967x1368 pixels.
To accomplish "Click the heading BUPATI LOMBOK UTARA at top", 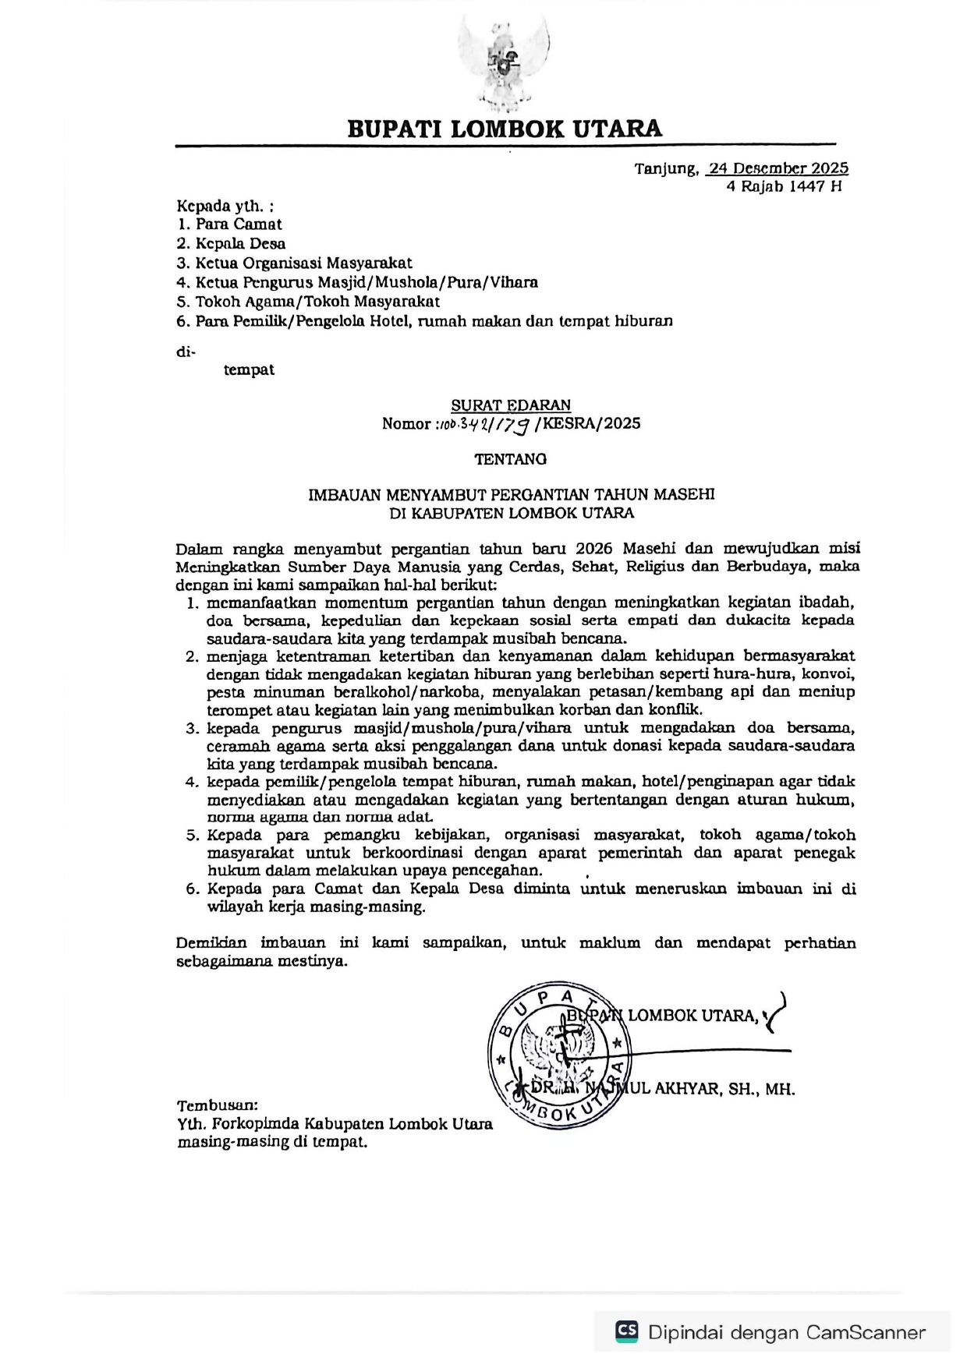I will tap(505, 129).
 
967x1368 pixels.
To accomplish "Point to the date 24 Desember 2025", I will tap(778, 168).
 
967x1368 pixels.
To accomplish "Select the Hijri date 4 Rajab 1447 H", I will tap(784, 186).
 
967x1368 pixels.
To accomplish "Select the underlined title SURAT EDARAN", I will tap(511, 405).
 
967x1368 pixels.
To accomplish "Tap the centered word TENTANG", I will tap(511, 459).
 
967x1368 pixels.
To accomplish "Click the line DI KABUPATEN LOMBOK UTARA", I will tap(512, 513).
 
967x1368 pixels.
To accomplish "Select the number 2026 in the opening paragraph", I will tap(598, 548).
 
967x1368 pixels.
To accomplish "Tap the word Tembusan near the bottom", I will tap(217, 1105).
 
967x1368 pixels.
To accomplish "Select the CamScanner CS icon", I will tap(627, 1331).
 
